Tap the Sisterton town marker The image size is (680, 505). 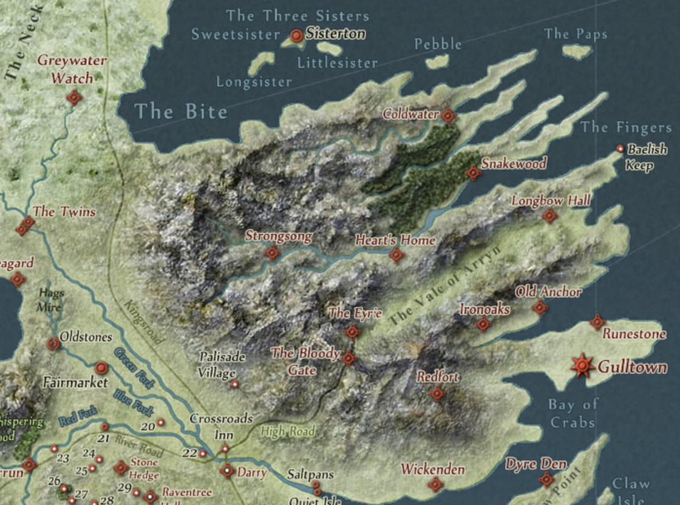(x=297, y=36)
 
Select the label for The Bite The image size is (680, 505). (x=181, y=111)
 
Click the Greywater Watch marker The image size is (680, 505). (x=75, y=97)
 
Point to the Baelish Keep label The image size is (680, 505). (x=646, y=157)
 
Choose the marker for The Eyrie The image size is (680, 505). (x=352, y=331)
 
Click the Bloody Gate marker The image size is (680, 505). (x=348, y=358)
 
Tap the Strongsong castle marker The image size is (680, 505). (x=272, y=252)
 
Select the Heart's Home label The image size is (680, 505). (x=395, y=240)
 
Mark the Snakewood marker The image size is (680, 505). (x=473, y=174)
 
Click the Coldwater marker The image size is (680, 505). (x=448, y=115)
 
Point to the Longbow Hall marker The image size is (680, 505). (x=549, y=215)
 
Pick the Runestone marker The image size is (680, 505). (x=597, y=322)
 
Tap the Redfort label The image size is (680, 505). (x=438, y=377)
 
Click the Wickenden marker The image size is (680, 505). (x=435, y=484)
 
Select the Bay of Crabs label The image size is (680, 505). (x=573, y=413)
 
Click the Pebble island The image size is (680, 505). (x=437, y=61)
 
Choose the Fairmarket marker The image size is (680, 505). (x=101, y=367)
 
